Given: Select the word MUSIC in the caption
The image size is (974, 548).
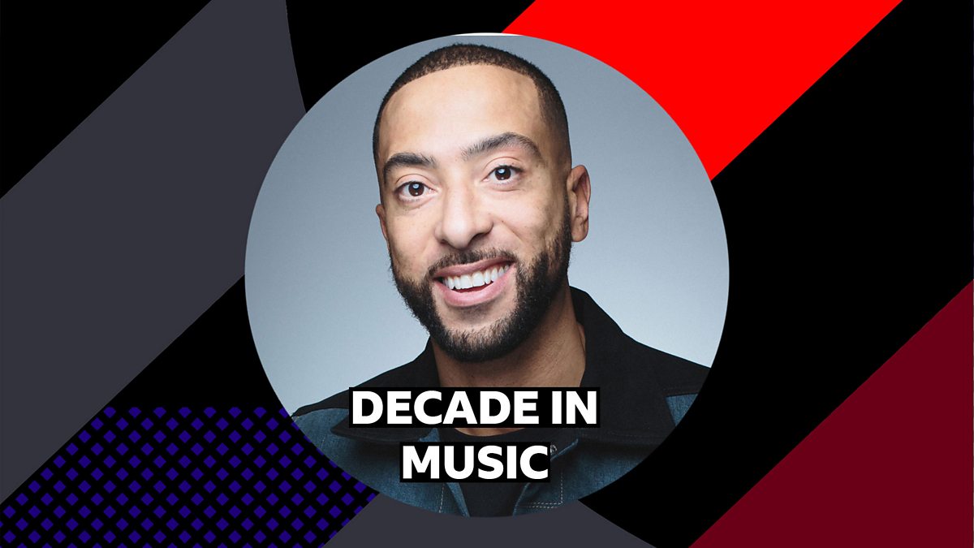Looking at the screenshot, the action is point(476,462).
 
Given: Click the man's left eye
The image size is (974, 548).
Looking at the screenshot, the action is point(503,174).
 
